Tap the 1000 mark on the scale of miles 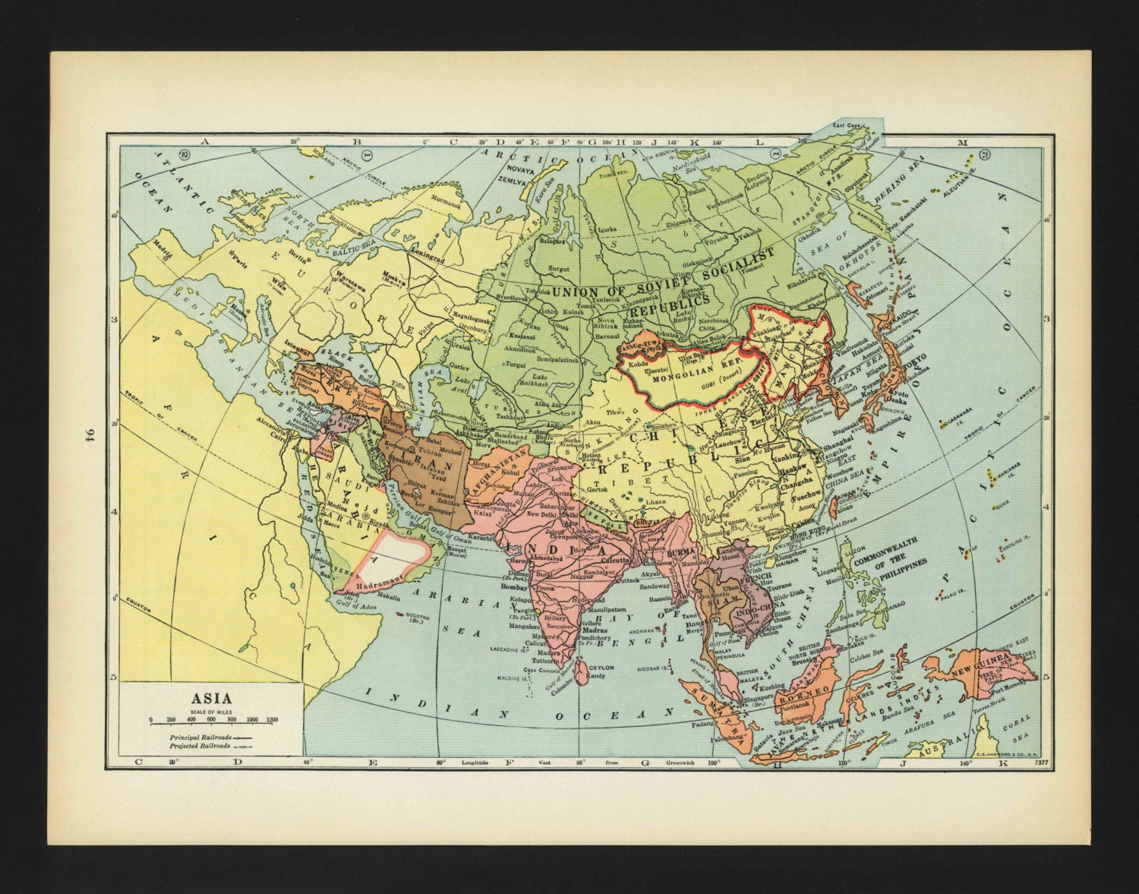[x=254, y=719]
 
